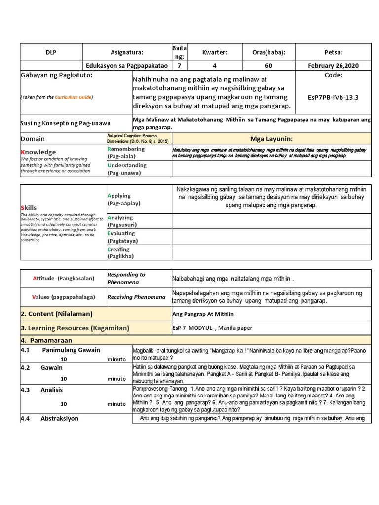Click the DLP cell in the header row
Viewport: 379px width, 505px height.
click(51, 52)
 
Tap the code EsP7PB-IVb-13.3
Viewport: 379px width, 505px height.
click(340, 97)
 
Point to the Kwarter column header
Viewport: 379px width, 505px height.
click(215, 52)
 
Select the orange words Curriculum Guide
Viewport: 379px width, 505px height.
click(73, 97)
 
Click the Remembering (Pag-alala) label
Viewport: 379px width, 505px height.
click(126, 152)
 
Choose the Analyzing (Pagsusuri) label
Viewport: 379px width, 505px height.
click(120, 221)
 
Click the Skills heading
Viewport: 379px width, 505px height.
click(29, 208)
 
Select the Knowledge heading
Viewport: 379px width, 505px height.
click(38, 152)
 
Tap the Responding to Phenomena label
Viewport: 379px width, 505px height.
click(126, 278)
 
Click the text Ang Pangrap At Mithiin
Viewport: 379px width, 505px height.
click(203, 314)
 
